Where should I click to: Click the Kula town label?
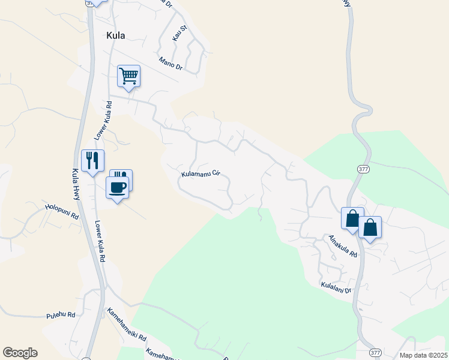tap(116, 35)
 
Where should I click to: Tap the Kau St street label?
tap(178, 35)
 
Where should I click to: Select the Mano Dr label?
tap(170, 63)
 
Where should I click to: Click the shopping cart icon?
tap(128, 76)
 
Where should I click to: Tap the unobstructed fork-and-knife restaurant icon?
tap(92, 160)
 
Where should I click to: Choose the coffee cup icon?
tap(118, 187)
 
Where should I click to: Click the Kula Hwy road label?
tap(76, 181)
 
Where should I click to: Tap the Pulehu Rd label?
tap(60, 315)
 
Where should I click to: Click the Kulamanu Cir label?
tap(201, 175)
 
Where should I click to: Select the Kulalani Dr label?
tap(336, 287)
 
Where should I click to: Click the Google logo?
tap(20, 353)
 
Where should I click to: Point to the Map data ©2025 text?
tap(424, 355)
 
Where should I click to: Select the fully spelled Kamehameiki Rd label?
tap(127, 325)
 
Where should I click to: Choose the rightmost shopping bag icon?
tap(370, 227)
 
